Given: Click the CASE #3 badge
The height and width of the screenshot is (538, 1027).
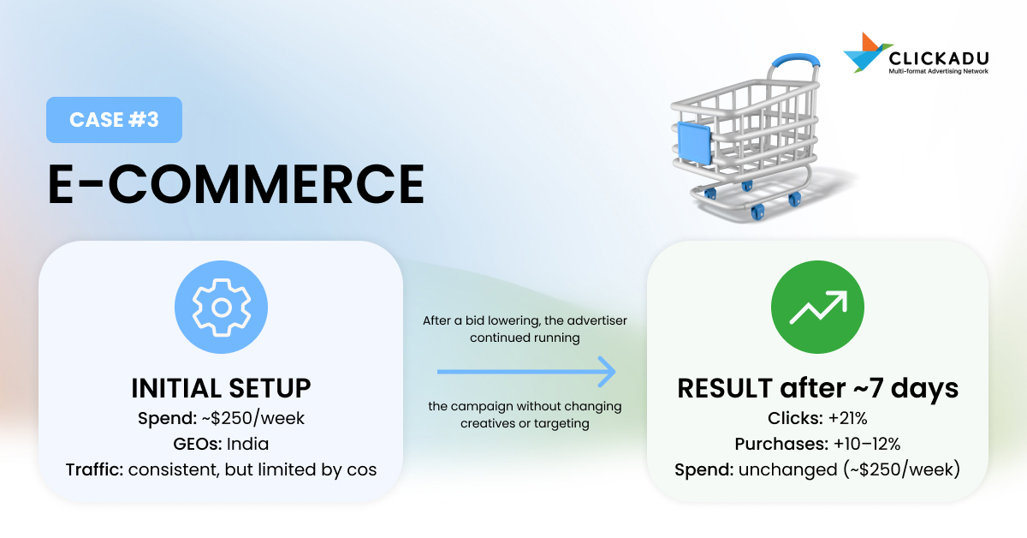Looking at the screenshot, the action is click(x=114, y=120).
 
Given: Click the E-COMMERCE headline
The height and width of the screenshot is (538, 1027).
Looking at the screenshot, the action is click(x=236, y=184).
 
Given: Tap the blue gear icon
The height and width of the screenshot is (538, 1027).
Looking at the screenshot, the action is click(x=221, y=307).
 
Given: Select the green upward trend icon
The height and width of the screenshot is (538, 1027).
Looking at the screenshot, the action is click(x=817, y=307).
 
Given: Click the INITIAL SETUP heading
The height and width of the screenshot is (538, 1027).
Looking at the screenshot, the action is click(x=221, y=388).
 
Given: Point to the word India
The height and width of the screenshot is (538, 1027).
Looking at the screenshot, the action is click(x=247, y=444).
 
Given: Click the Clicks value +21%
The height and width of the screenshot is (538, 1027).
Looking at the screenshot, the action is click(x=848, y=418).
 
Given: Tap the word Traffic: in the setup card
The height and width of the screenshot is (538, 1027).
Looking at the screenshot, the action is click(x=94, y=469).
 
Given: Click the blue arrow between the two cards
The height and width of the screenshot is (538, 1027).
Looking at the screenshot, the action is click(x=526, y=372).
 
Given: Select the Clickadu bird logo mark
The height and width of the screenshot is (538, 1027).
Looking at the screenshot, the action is click(x=866, y=52).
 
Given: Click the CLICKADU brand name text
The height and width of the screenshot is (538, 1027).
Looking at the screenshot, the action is click(x=939, y=59).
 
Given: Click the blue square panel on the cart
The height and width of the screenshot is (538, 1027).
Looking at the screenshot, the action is click(x=694, y=143).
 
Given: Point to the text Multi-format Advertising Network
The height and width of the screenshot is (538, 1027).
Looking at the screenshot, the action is click(x=939, y=71).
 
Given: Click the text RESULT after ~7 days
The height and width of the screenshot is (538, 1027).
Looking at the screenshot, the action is click(x=817, y=388).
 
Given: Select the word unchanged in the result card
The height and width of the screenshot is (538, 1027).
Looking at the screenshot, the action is click(x=787, y=469).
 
